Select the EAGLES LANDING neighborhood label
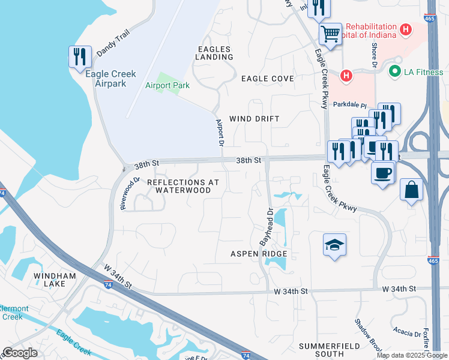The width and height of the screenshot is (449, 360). (214, 53)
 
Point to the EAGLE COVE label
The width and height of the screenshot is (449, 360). (268, 79)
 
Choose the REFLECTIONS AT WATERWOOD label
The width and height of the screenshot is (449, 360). (183, 186)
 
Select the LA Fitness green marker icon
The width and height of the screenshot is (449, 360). (394, 73)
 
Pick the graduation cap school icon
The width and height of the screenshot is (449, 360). (335, 244)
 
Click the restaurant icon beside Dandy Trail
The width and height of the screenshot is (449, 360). (80, 56)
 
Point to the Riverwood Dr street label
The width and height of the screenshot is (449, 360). (130, 193)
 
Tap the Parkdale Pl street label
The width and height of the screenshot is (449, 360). (349, 104)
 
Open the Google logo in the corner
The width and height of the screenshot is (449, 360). (20, 353)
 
